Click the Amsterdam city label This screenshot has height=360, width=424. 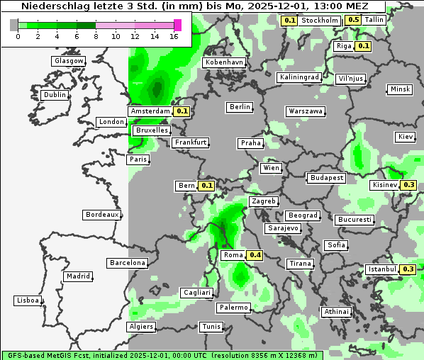150,111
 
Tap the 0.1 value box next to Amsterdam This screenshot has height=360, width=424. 182,111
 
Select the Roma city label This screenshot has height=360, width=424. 233,255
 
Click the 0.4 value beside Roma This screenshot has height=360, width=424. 255,255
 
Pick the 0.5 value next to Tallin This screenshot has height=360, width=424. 353,20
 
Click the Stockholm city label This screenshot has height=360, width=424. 319,20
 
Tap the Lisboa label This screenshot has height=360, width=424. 28,300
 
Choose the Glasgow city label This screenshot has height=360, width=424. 68,61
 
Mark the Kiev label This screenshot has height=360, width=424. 406,136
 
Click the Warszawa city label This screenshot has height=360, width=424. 306,111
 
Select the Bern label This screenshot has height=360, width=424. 186,186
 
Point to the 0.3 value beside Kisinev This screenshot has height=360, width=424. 408,185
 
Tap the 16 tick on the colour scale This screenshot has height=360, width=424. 174,37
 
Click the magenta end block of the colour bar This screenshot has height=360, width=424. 177,25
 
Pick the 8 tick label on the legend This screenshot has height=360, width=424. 96,37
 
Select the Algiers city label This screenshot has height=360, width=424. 140,327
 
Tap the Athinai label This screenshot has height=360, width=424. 336,312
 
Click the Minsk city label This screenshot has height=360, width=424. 400,89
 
